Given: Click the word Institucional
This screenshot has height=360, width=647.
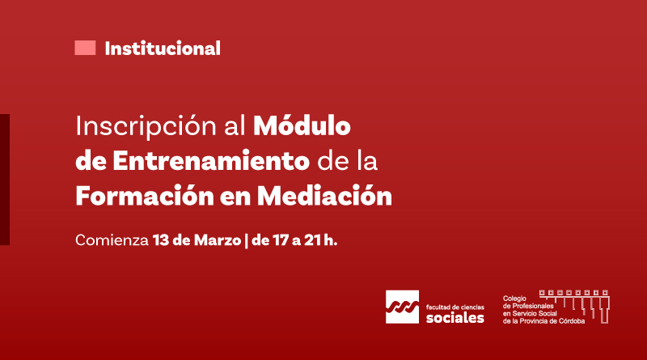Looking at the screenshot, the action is [163, 49].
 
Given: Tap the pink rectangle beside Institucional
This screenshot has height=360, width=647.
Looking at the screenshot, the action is [85, 48].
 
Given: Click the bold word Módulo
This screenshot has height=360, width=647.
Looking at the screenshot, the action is [302, 125].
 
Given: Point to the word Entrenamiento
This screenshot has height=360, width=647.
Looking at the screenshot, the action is [211, 161].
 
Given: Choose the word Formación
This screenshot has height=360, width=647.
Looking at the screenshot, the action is [145, 195].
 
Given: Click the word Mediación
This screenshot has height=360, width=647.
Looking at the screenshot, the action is [324, 195].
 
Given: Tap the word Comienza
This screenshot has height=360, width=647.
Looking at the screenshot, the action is [112, 240].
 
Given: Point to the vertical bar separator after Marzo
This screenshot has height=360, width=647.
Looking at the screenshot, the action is [247, 241].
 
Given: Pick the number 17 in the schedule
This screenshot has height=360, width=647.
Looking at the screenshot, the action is [281, 240].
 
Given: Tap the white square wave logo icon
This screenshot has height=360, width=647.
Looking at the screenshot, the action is [402, 307].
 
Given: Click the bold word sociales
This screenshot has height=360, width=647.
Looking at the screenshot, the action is [455, 317].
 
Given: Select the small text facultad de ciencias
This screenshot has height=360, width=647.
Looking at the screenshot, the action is [455, 307].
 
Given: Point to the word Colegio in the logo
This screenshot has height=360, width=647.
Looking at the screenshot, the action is [514, 299].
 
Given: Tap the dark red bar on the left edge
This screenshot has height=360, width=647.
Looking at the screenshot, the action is [5, 180].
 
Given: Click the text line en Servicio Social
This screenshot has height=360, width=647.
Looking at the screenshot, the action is [530, 313].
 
